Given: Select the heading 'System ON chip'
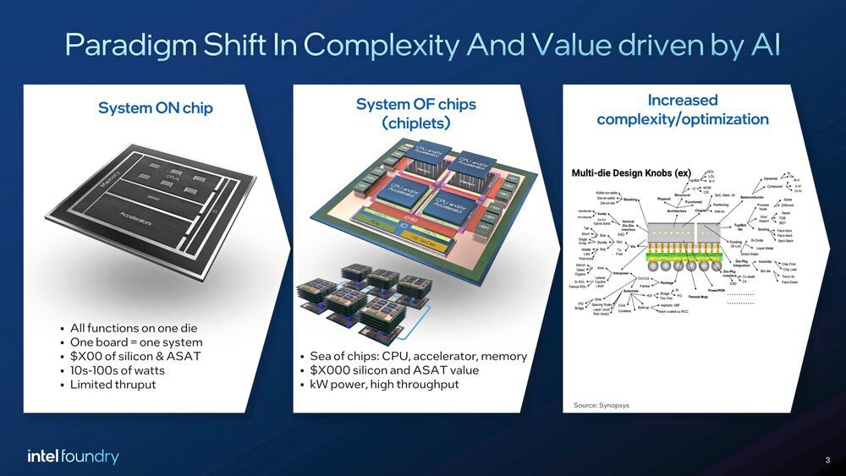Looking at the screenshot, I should [156, 108].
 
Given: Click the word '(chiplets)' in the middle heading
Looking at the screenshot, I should [415, 123].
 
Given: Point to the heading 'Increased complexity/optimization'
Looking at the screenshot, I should [682, 110].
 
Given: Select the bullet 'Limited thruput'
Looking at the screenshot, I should [113, 385].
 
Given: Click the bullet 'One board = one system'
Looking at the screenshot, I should [136, 342].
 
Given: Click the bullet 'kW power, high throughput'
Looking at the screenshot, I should [385, 385].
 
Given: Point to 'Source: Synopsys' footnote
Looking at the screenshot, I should [602, 405].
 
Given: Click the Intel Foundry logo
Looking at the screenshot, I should [73, 457].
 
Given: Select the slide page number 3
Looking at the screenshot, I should [826, 459].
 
